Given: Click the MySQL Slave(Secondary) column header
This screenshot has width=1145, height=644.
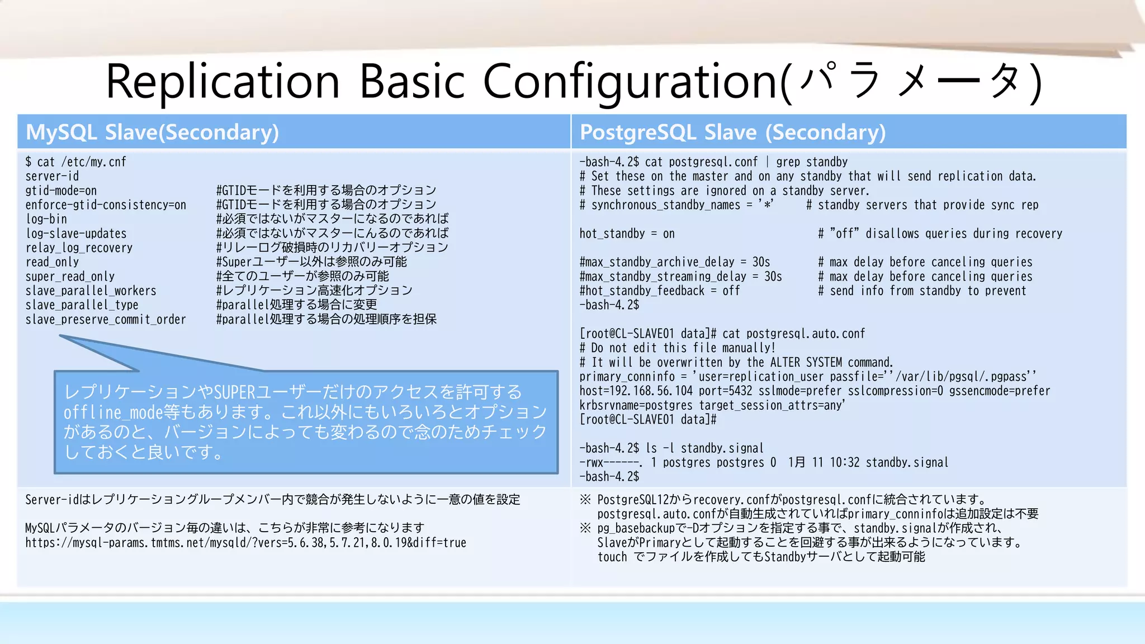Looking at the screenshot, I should [x=152, y=132].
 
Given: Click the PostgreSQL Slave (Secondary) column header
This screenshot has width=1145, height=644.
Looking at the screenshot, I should [x=732, y=132].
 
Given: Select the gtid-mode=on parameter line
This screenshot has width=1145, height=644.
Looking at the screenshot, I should [x=61, y=191].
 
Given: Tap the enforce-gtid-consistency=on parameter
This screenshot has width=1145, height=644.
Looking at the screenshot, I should [x=106, y=205].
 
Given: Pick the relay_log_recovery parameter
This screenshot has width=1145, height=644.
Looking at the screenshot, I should [x=79, y=248].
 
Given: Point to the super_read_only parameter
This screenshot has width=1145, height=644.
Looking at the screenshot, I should [x=70, y=277].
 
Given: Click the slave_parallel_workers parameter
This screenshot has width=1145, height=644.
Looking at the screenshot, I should [x=91, y=291].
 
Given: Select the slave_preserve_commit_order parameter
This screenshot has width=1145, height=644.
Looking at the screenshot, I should [x=106, y=320].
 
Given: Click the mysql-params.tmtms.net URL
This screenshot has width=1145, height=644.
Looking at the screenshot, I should [x=245, y=543].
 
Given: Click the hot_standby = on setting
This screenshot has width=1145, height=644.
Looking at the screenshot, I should [x=627, y=234].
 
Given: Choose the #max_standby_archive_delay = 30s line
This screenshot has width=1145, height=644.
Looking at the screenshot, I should [x=674, y=262].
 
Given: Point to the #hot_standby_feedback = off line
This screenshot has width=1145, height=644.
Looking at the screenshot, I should [x=659, y=291].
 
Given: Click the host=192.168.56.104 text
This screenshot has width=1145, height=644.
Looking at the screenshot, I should [x=636, y=391].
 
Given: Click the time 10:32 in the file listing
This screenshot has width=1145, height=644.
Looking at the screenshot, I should [x=844, y=463].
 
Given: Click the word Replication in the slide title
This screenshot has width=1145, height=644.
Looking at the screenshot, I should [x=223, y=82].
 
